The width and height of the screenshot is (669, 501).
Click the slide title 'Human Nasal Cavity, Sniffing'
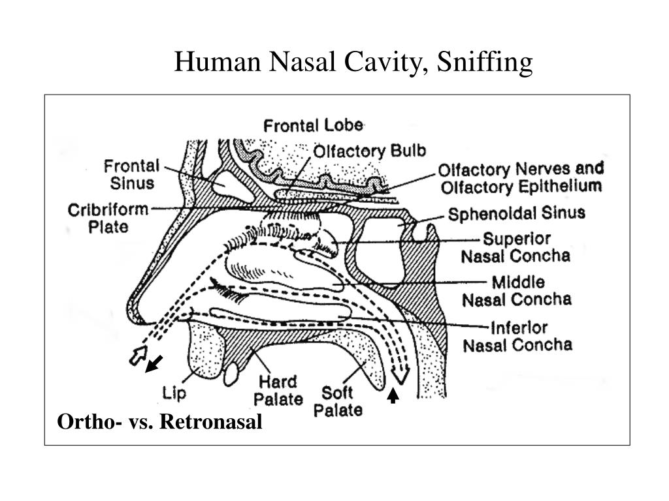[x=353, y=63]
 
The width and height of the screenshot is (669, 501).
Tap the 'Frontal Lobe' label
[x=313, y=125]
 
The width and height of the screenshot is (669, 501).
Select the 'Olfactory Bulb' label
[x=370, y=151]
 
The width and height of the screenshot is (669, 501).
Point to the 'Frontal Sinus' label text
[x=131, y=174]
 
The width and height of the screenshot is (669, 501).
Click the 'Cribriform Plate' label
[x=108, y=219]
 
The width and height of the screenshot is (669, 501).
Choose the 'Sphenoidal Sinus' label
[x=516, y=213]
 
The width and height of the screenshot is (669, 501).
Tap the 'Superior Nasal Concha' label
[x=515, y=247]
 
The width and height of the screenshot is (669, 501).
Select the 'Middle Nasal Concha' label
[x=517, y=291]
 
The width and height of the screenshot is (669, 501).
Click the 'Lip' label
[x=174, y=393]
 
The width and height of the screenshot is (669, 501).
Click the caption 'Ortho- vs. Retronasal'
[x=160, y=422]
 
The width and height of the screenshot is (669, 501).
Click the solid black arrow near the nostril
[x=154, y=364]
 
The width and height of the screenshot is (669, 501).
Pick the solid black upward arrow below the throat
[x=393, y=396]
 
